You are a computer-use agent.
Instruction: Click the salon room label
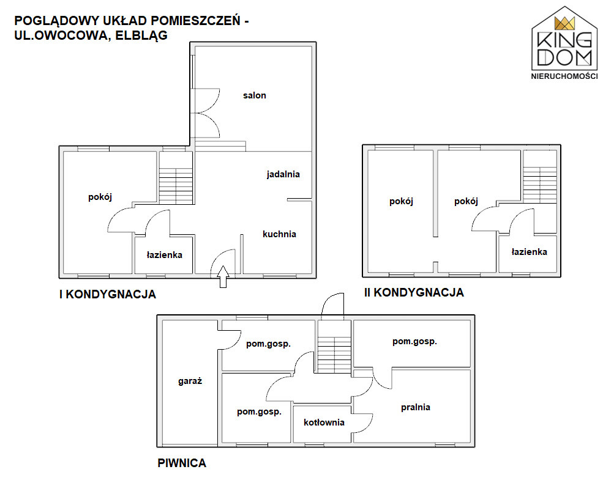pyautogui.click(x=254, y=95)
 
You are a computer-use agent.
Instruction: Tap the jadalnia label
pyautogui.click(x=283, y=174)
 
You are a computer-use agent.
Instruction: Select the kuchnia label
pyautogui.click(x=279, y=234)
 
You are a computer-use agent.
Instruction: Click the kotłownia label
pyautogui.click(x=324, y=422)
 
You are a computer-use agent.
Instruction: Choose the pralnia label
pyautogui.click(x=415, y=407)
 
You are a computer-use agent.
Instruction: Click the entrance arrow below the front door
pyautogui.click(x=223, y=276)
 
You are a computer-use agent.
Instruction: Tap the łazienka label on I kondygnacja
pyautogui.click(x=164, y=254)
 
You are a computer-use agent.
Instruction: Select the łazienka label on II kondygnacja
pyautogui.click(x=529, y=252)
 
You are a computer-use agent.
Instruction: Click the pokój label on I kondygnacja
pyautogui.click(x=100, y=197)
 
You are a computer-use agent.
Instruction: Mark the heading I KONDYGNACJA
pyautogui.click(x=107, y=295)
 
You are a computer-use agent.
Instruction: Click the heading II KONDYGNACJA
pyautogui.click(x=413, y=293)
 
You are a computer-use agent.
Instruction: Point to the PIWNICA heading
pyautogui.click(x=182, y=463)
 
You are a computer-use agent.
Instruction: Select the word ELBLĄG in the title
pyautogui.click(x=139, y=36)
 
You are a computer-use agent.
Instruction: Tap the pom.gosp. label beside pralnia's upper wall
pyautogui.click(x=414, y=342)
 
